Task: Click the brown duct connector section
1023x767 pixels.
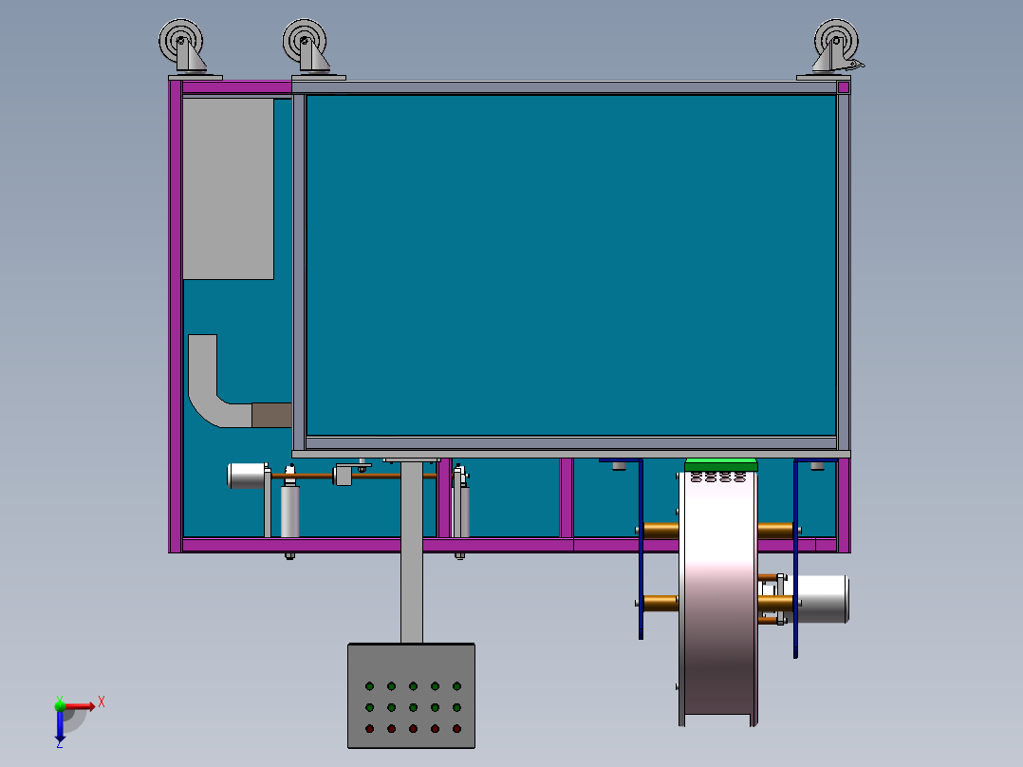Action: [271, 415]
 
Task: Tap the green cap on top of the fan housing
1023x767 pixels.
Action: [721, 464]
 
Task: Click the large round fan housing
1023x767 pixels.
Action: [719, 598]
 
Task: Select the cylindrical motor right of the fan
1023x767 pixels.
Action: [820, 599]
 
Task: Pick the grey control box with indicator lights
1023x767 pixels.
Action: [411, 696]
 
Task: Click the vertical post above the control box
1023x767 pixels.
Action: [411, 551]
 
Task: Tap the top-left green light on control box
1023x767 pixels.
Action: [369, 685]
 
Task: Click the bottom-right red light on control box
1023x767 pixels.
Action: [456, 729]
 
